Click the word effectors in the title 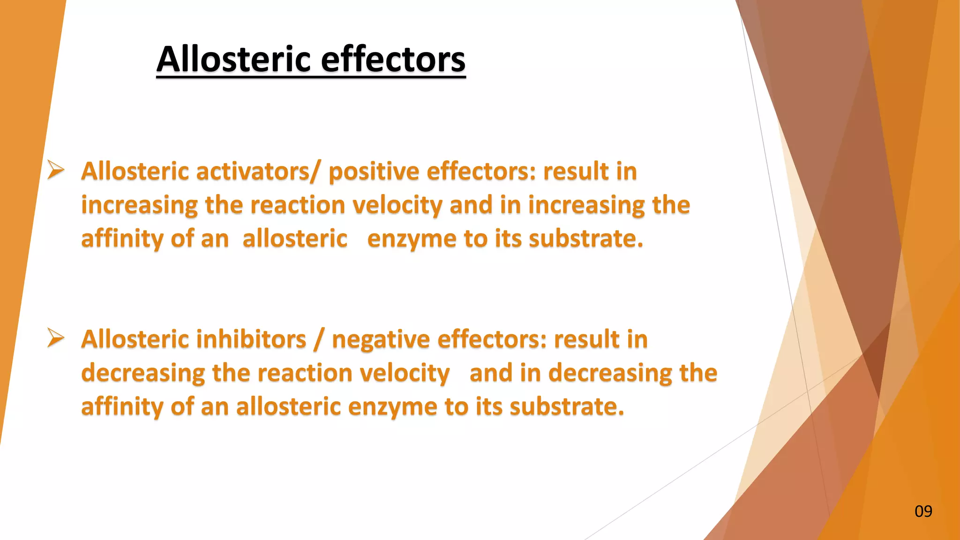click(x=393, y=60)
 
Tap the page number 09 click(x=923, y=511)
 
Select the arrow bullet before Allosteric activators click(x=56, y=169)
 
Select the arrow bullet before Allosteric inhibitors click(x=56, y=337)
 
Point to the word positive click(x=374, y=172)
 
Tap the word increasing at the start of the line click(x=140, y=206)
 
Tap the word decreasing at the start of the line click(x=143, y=373)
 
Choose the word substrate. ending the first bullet click(x=586, y=239)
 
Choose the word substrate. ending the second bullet click(x=567, y=406)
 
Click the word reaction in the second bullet click(x=305, y=374)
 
